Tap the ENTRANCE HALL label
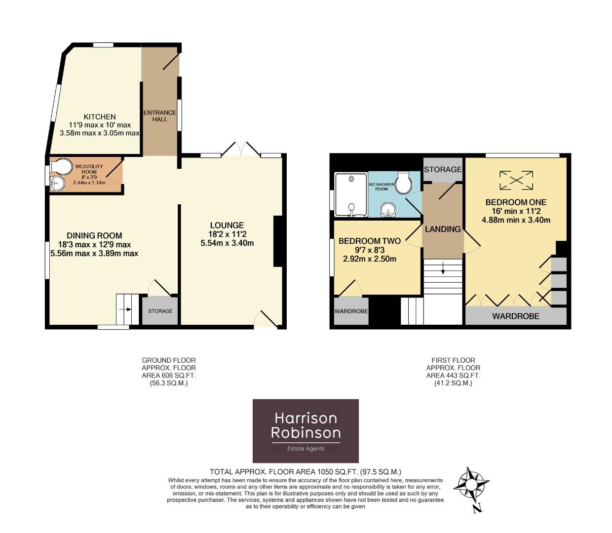click(x=159, y=116)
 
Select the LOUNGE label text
click(x=227, y=226)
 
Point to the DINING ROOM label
click(x=94, y=236)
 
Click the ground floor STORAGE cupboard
click(x=160, y=311)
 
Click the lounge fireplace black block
click(x=277, y=242)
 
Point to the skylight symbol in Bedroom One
click(x=516, y=180)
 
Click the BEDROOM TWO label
click(x=369, y=241)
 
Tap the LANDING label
click(x=443, y=229)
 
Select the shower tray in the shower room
click(x=351, y=195)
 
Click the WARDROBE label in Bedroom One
click(x=516, y=316)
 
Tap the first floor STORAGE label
click(x=443, y=169)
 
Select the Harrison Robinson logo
click(x=306, y=431)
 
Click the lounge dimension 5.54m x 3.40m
click(x=227, y=243)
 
